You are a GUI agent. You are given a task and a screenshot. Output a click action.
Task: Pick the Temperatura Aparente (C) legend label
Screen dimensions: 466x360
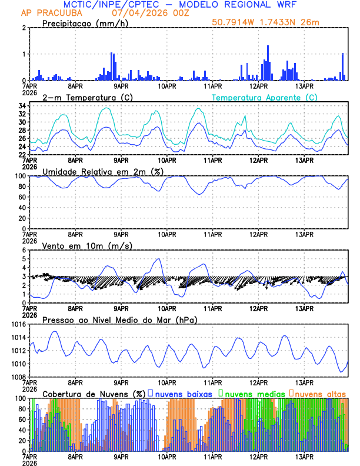(x=264, y=97)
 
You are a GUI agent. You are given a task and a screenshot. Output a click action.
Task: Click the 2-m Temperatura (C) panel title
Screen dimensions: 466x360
(x=87, y=97)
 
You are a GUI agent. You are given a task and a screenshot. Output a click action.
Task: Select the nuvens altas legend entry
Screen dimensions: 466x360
(x=320, y=393)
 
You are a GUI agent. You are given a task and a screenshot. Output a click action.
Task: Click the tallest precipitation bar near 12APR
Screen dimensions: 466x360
(x=268, y=62)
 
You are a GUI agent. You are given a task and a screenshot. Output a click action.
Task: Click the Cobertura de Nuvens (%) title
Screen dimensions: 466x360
(x=94, y=393)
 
